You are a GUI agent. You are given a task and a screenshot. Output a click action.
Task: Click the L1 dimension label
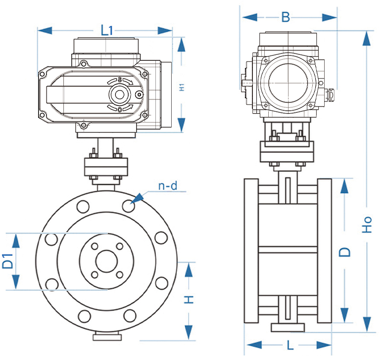click(x=106, y=30)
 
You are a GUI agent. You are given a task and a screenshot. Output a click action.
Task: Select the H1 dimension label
click(x=182, y=87)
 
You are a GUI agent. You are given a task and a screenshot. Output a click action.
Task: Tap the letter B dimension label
click(x=286, y=17)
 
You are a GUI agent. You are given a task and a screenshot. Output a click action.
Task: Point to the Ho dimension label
click(x=367, y=225)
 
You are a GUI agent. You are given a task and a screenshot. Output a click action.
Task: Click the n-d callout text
click(x=167, y=186)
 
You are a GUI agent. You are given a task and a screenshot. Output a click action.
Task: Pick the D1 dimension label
click(x=7, y=261)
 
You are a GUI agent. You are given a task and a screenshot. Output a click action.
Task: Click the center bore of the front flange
click(x=106, y=261)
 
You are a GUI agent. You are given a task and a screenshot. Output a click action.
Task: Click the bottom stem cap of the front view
click(x=106, y=337)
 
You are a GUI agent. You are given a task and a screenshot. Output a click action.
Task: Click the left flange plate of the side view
click(x=251, y=251)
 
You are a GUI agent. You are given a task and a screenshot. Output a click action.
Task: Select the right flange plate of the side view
click(x=324, y=251)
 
